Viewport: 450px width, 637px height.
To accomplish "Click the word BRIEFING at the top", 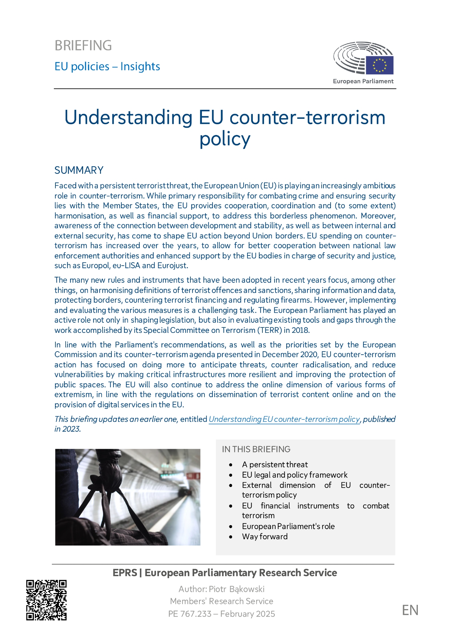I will point(83,46).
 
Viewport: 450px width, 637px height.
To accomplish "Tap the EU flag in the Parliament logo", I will point(379,65).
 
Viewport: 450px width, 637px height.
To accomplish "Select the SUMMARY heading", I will point(79,170).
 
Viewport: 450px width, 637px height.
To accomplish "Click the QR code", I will point(46,600).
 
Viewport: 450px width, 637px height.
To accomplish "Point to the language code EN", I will point(410,610).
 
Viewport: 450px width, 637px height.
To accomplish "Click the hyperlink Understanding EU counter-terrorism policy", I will point(284,419).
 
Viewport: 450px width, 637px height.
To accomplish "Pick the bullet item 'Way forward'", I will point(265,537).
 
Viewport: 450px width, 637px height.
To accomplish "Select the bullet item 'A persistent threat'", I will point(275,465).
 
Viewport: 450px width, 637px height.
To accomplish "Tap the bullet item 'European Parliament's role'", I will point(288,526).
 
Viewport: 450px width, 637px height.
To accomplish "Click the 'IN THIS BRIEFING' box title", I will point(256,449).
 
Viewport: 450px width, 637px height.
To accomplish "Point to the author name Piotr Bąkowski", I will point(237,589).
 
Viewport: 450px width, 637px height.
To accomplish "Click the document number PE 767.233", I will point(190,614).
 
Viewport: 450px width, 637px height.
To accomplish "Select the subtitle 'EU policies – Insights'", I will point(107,67).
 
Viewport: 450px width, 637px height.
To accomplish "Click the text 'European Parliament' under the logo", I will point(363,81).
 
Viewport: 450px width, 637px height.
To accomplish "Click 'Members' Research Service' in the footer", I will point(222,601).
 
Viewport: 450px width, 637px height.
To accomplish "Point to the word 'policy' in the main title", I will point(225,139).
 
